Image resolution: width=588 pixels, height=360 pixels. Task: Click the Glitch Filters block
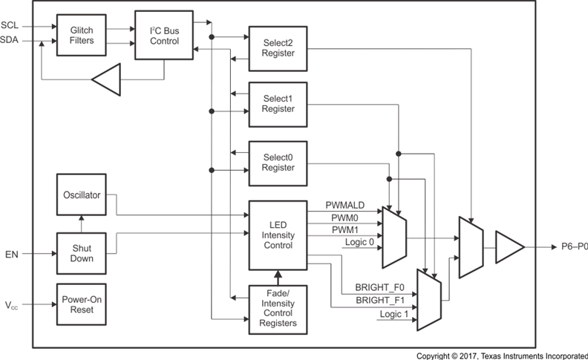tap(81, 34)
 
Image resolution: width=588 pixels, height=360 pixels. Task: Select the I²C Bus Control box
tap(163, 35)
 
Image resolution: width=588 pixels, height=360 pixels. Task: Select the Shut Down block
tap(81, 254)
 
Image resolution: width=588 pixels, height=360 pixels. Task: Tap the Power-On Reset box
tap(81, 304)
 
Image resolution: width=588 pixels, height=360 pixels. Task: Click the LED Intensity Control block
tap(277, 235)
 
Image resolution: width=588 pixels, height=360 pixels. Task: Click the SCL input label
tap(10, 25)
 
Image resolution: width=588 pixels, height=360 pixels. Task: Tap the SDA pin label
tap(10, 40)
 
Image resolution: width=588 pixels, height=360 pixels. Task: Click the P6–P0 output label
tap(573, 248)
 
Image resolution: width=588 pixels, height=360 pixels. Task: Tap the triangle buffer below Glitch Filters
tap(105, 79)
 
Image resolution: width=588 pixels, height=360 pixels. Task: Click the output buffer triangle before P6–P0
tap(509, 248)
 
